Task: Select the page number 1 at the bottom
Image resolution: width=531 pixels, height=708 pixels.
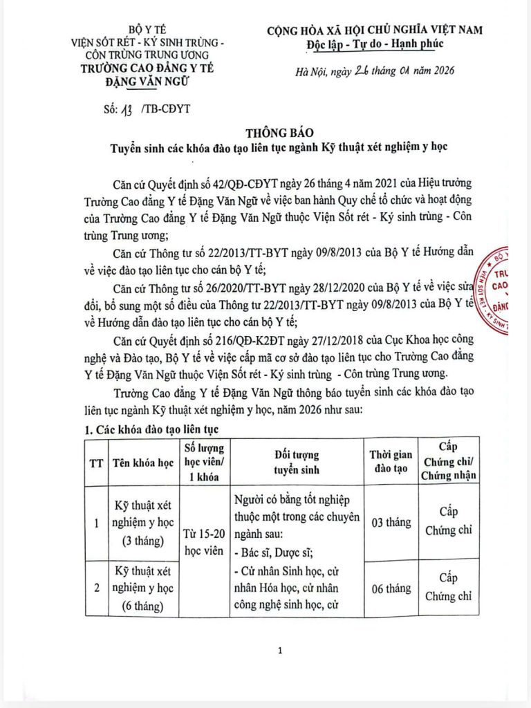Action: (279, 651)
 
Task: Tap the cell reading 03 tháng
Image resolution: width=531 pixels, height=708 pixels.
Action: (390, 522)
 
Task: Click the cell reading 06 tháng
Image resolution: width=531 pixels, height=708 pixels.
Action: (390, 588)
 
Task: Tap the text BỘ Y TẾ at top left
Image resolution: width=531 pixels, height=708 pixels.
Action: (144, 30)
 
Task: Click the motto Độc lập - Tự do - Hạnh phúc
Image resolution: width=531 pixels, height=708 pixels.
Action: (375, 44)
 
